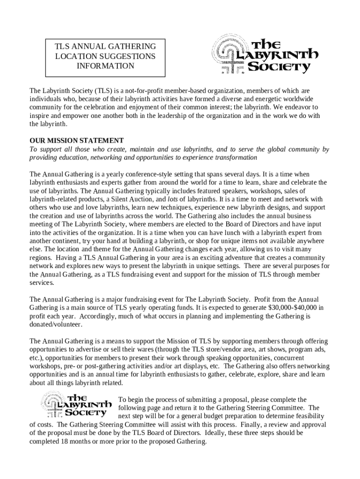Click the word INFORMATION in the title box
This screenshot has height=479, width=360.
pos(105,66)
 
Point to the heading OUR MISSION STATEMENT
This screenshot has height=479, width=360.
pos(77,140)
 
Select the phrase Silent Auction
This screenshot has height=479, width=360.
pos(141,199)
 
